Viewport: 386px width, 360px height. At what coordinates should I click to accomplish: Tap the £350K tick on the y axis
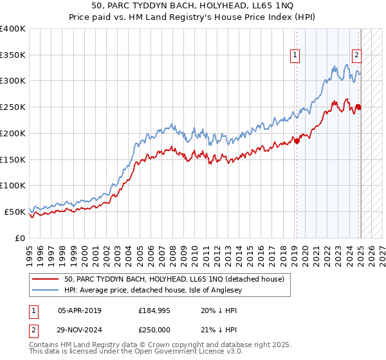click(x=14, y=55)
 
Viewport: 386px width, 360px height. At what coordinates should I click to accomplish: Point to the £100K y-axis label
click(x=14, y=186)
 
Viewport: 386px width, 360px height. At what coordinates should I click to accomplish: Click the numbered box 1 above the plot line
click(x=295, y=56)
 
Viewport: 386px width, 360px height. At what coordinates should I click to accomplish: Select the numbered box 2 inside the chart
click(x=356, y=56)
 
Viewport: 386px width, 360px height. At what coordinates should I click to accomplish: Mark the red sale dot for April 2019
click(x=297, y=141)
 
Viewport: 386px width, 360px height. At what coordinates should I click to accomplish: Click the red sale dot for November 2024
click(x=358, y=107)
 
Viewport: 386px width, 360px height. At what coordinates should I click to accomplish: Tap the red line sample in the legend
click(x=46, y=278)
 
